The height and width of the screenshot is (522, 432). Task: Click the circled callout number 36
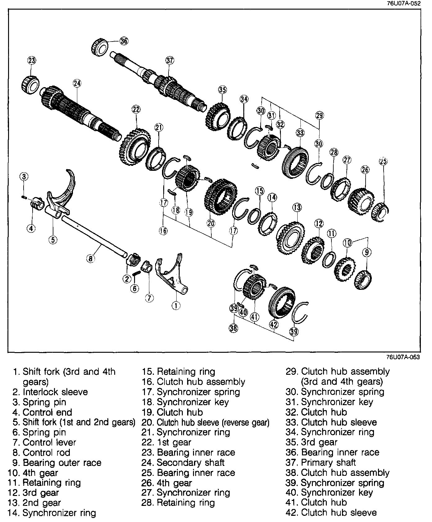tap(124, 41)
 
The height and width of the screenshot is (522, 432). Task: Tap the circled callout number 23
tap(32, 60)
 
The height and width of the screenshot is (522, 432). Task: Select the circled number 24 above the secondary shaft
tap(77, 83)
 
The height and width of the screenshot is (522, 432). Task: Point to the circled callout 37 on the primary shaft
tap(170, 60)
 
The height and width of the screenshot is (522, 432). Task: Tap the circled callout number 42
tap(273, 325)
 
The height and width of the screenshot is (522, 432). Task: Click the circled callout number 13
tap(297, 207)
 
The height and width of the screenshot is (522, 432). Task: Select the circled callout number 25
tap(383, 161)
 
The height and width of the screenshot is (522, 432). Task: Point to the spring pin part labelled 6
tap(135, 273)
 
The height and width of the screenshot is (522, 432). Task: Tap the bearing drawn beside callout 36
tap(100, 47)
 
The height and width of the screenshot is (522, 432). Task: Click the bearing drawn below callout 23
tap(30, 83)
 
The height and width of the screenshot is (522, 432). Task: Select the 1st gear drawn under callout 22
tap(134, 146)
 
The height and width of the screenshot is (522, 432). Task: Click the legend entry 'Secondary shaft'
tap(190, 462)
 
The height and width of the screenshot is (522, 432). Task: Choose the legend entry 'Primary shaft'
tap(328, 462)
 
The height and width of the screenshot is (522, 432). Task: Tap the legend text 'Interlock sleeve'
tap(55, 392)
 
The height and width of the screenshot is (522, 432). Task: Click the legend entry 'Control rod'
tap(47, 452)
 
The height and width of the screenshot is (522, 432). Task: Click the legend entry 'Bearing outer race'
tap(62, 462)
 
